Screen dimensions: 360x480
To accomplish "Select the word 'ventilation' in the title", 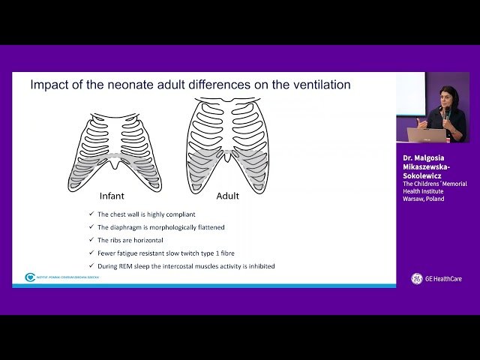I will point(319,85).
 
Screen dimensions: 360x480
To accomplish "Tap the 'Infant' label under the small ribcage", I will point(117,196).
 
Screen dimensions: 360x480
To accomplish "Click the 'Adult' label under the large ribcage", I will point(227,196).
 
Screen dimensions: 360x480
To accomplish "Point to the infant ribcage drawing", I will point(117,151).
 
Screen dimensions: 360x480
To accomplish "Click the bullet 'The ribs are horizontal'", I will point(130,240).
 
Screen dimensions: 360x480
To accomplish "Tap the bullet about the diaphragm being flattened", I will point(161,227).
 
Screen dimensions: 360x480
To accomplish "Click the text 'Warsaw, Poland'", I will point(424,199).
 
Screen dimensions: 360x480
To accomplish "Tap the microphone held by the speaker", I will point(442,112).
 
